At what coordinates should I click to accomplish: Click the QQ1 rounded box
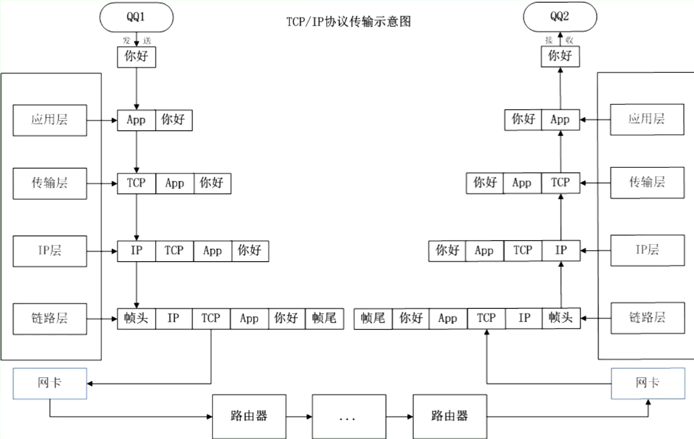(x=136, y=17)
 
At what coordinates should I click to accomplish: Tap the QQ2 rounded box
(x=560, y=17)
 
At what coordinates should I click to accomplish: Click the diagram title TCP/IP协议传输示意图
(x=348, y=22)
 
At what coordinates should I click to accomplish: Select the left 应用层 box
(x=50, y=120)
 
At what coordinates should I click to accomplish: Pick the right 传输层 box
(x=647, y=183)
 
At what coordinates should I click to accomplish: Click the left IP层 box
(x=50, y=251)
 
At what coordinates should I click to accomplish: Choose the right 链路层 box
(x=647, y=317)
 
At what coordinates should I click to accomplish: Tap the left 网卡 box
(x=50, y=383)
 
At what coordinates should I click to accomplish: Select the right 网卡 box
(x=648, y=383)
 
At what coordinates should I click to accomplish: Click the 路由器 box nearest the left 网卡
(x=249, y=416)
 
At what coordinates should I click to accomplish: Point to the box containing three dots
(x=348, y=416)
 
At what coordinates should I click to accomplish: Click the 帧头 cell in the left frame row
(x=136, y=318)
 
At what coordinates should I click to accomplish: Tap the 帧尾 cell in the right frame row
(x=373, y=318)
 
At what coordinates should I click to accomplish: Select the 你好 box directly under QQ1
(x=136, y=57)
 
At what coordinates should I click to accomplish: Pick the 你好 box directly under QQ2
(x=560, y=56)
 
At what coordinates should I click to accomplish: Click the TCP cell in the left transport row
(x=136, y=183)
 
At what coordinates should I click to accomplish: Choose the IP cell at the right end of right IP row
(x=561, y=250)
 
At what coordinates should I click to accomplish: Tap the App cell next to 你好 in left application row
(x=136, y=120)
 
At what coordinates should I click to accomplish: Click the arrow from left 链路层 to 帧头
(x=102, y=318)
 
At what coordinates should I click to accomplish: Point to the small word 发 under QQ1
(x=127, y=40)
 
